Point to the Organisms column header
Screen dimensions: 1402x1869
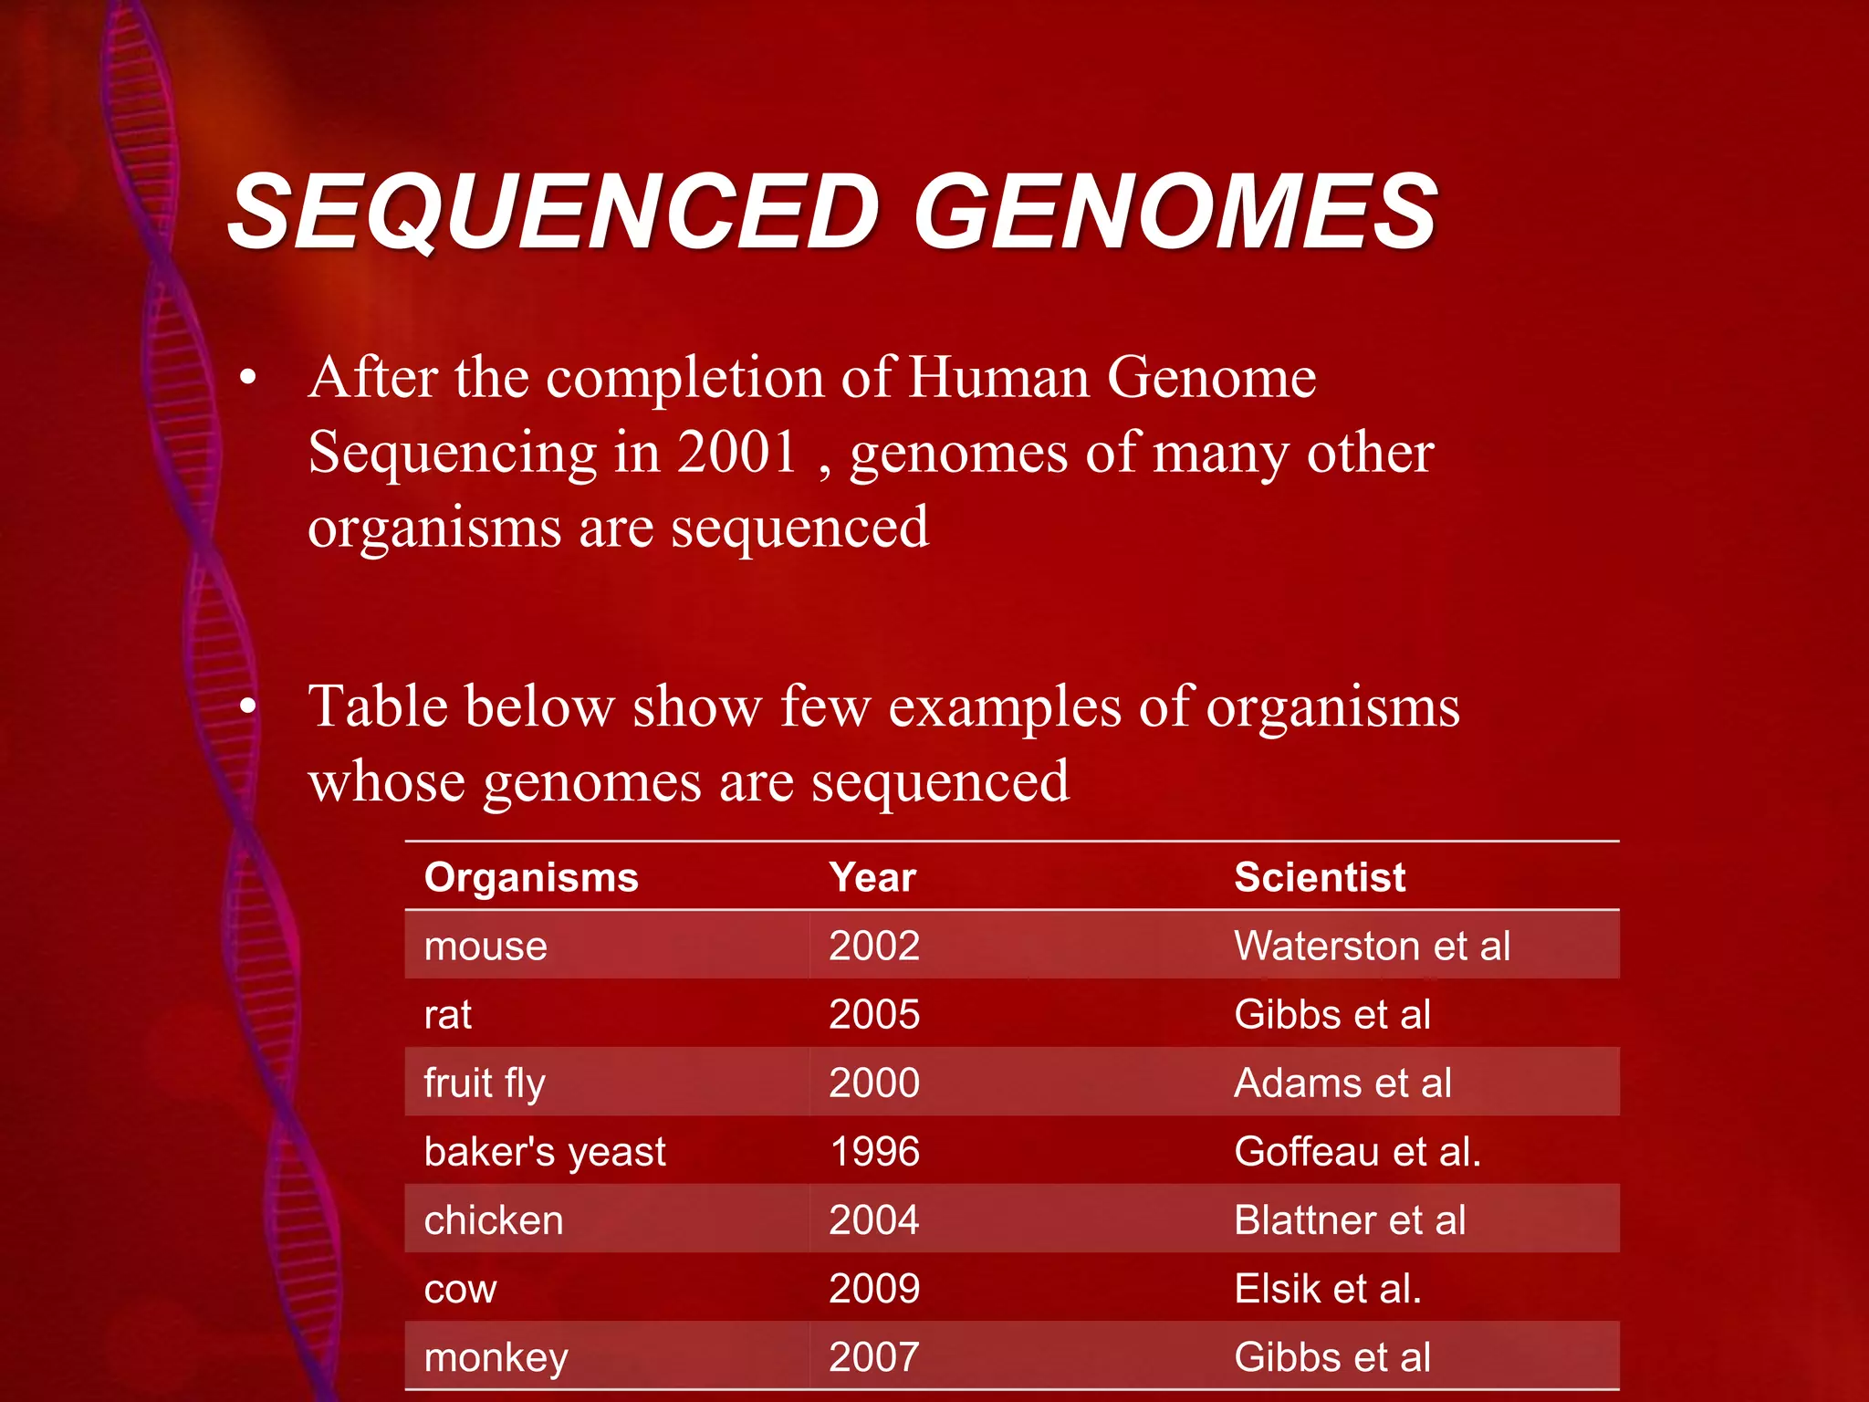pyautogui.click(x=531, y=877)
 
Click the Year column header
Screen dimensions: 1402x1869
pyautogui.click(x=872, y=877)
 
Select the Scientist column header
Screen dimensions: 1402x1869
pyautogui.click(x=1319, y=877)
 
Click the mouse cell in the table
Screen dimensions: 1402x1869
pyautogui.click(x=486, y=947)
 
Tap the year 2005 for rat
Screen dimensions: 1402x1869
pyautogui.click(x=874, y=1015)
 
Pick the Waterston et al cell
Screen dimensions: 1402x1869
pyautogui.click(x=1372, y=947)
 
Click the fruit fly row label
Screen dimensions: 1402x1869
pyautogui.click(x=485, y=1083)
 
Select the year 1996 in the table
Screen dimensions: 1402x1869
pyautogui.click(x=874, y=1152)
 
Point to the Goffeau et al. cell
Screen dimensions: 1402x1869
pyautogui.click(x=1357, y=1152)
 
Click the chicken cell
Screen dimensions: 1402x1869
pyautogui.click(x=494, y=1220)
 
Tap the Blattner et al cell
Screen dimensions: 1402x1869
pyautogui.click(x=1350, y=1220)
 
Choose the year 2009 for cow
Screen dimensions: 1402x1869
pyautogui.click(x=874, y=1289)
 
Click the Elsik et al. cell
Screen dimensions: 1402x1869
pyautogui.click(x=1328, y=1289)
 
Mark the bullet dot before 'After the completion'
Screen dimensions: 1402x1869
pyautogui.click(x=247, y=378)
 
